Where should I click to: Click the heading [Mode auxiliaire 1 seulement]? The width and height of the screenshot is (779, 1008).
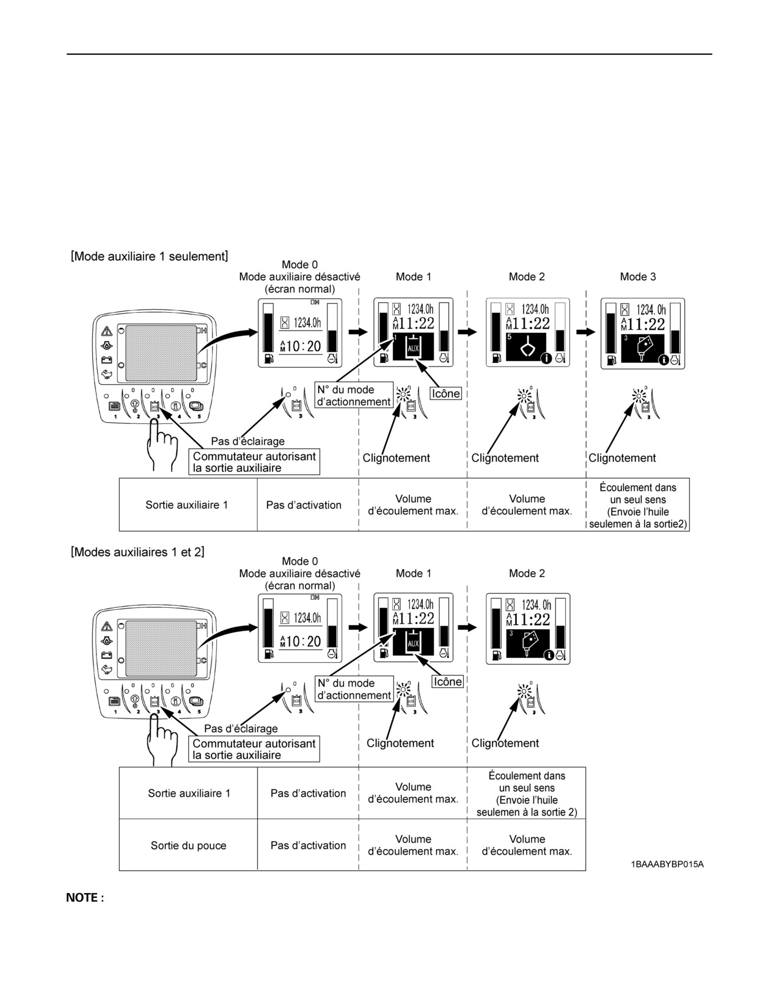pyautogui.click(x=149, y=256)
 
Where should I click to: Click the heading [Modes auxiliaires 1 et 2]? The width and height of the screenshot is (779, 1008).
pyautogui.click(x=137, y=552)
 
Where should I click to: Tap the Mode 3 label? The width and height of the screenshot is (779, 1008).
pyautogui.click(x=638, y=277)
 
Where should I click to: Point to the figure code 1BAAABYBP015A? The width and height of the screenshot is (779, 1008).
pyautogui.click(x=667, y=864)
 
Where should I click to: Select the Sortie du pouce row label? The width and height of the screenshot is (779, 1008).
pyautogui.click(x=188, y=845)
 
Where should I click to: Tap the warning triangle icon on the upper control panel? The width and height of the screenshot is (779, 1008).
pyautogui.click(x=107, y=331)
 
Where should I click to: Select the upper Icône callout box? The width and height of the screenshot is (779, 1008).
pyautogui.click(x=446, y=393)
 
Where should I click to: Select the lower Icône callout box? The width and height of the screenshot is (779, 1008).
pyautogui.click(x=447, y=681)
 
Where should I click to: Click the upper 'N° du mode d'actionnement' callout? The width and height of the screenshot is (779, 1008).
pyautogui.click(x=354, y=395)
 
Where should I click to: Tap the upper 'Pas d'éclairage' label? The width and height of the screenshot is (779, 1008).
pyautogui.click(x=248, y=441)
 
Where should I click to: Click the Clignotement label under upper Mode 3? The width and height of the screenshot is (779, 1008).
pyautogui.click(x=622, y=458)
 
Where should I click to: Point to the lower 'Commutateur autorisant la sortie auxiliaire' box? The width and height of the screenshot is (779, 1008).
pyautogui.click(x=254, y=749)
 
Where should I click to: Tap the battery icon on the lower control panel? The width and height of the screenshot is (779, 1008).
pyautogui.click(x=107, y=655)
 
